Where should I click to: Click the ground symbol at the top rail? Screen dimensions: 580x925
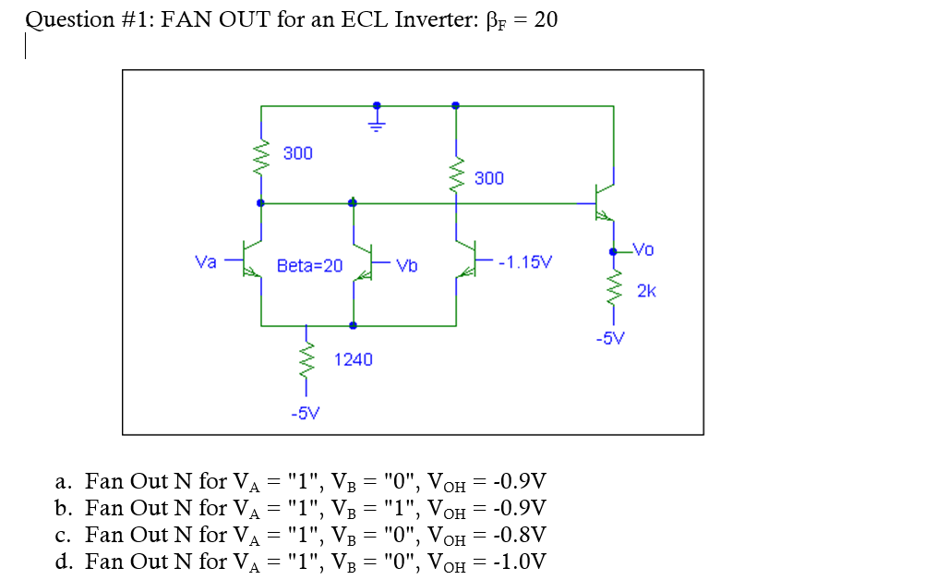[376, 119]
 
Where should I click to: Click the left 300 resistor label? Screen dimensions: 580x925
[297, 152]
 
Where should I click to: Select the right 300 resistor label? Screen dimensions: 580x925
[489, 177]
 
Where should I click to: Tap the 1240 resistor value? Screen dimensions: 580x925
[353, 359]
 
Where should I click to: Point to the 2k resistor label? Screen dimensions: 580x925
[646, 292]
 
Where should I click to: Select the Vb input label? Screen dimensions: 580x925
[406, 266]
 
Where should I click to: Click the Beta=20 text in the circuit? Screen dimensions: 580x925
[309, 266]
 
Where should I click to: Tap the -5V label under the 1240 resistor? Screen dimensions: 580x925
[306, 413]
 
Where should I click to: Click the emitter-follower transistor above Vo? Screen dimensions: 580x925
[606, 202]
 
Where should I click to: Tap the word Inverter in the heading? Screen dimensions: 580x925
[434, 19]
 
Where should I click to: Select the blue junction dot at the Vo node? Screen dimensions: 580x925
[613, 251]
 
